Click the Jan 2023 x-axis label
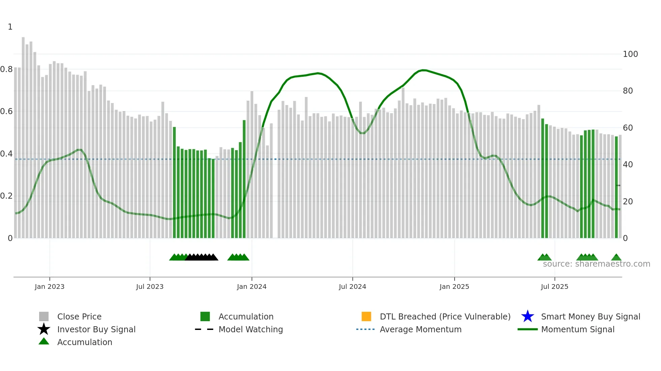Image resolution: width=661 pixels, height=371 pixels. tap(50, 286)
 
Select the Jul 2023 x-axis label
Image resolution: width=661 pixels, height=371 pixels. tap(150, 286)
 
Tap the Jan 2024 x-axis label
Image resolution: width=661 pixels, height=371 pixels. tap(252, 286)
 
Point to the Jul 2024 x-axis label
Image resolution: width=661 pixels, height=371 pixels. tap(352, 286)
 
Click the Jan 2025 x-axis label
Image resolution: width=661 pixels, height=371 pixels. tap(454, 286)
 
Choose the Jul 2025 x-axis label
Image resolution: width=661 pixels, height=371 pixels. tap(554, 286)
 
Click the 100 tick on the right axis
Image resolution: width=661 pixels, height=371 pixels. tap(630, 54)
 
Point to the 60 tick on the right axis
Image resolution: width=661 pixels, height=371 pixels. tap(628, 128)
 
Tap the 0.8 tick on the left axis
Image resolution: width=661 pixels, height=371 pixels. tap(7, 69)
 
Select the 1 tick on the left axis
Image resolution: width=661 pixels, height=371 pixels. tap(10, 27)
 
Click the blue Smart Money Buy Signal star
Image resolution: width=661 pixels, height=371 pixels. tap(527, 316)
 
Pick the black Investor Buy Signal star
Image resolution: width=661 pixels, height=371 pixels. tap(44, 329)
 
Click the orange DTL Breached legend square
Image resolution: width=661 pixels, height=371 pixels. tap(366, 316)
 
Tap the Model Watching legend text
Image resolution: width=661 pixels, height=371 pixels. tap(251, 329)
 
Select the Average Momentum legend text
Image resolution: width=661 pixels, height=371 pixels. tap(421, 329)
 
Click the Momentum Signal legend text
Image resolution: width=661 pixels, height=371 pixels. tap(578, 329)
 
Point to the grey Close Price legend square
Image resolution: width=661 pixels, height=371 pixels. tap(44, 316)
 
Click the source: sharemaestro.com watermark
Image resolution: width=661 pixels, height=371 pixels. tap(596, 264)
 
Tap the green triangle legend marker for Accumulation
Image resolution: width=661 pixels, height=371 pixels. tap(44, 341)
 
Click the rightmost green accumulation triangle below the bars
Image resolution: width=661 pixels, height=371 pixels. tap(616, 258)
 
